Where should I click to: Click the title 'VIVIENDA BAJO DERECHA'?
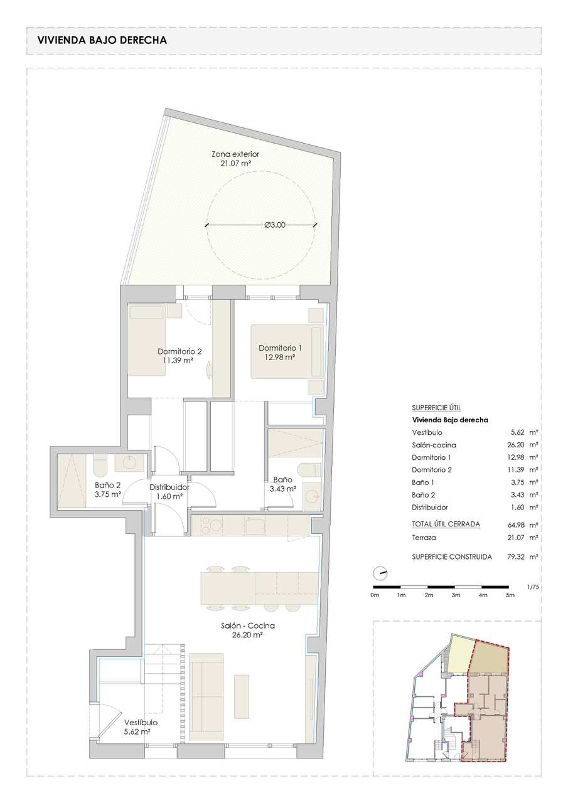pos(102,40)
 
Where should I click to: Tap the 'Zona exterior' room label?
pos(235,154)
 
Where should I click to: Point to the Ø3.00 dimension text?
pos(275,225)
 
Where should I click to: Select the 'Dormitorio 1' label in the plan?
pos(280,348)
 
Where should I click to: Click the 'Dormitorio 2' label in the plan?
pos(180,351)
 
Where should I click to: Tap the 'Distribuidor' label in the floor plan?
pos(169,487)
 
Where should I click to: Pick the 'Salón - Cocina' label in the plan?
pos(248,625)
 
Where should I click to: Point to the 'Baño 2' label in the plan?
pos(107,485)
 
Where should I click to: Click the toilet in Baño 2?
pos(100,464)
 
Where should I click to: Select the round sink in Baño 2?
pos(129,463)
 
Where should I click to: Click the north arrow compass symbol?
pos(380,573)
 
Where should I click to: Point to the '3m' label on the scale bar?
pos(456,595)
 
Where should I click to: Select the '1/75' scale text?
pos(533,587)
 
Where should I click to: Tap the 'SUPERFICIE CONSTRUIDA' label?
pos(452,556)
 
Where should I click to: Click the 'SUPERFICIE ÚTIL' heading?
pos(436,408)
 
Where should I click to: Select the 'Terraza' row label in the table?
pos(424,538)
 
